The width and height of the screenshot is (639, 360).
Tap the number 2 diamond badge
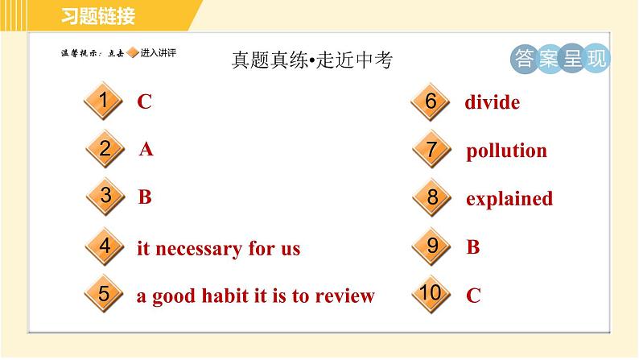tap(105, 149)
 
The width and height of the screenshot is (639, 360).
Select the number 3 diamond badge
tap(105, 197)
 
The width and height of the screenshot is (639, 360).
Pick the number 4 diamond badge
tap(105, 246)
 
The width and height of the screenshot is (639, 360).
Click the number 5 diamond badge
tap(103, 294)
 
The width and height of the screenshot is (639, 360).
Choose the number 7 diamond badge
tap(432, 150)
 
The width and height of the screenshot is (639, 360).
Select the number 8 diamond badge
tap(432, 197)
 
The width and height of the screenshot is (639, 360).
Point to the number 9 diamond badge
tap(432, 246)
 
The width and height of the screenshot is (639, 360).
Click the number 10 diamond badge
tap(431, 294)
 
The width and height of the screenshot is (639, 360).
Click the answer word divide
tap(492, 103)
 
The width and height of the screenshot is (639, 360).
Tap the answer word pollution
tap(506, 151)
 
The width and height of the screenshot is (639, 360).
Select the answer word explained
tap(509, 199)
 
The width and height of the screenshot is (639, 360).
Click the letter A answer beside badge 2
tap(146, 150)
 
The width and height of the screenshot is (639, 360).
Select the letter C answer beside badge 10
tap(473, 296)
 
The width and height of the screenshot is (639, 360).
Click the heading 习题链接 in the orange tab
tap(99, 15)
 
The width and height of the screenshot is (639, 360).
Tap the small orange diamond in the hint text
tap(133, 54)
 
